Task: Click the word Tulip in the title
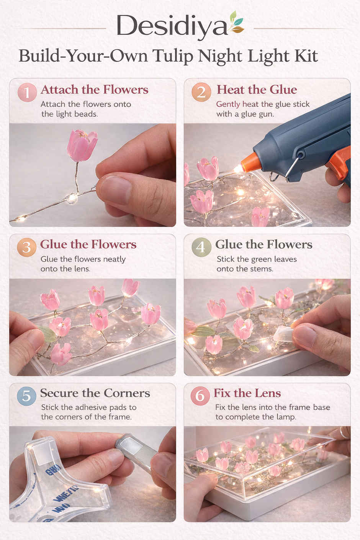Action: click(173, 56)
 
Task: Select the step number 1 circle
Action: click(27, 92)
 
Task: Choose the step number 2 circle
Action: click(201, 92)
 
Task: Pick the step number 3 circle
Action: click(26, 247)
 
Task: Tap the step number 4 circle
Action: click(201, 247)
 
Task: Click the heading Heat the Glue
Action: click(257, 90)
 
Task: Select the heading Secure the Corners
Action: click(95, 393)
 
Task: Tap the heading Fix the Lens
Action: click(247, 393)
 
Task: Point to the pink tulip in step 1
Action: click(82, 146)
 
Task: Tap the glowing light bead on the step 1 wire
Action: click(72, 198)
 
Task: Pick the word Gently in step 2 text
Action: click(228, 105)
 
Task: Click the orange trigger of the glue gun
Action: click(339, 164)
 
